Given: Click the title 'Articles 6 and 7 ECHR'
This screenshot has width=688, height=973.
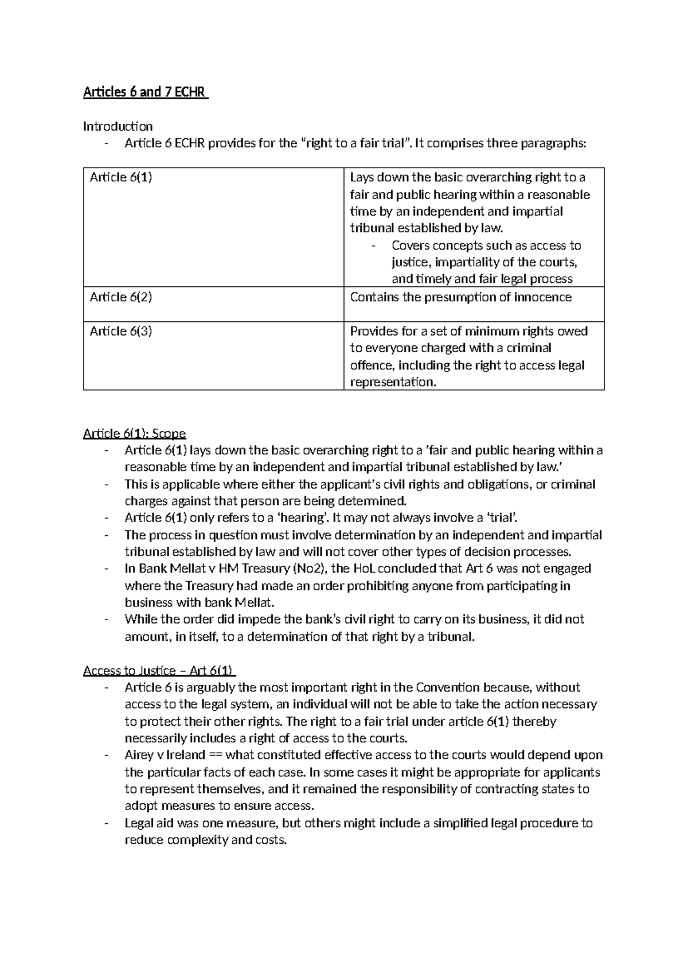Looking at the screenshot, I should pos(146,92).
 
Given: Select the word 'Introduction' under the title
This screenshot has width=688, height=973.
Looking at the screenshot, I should pos(118,126).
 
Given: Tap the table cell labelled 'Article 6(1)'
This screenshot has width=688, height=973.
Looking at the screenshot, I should pos(121,177).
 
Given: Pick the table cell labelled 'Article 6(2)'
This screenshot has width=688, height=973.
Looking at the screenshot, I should pos(121,297).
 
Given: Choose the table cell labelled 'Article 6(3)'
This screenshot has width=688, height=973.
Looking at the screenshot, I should pos(121,331).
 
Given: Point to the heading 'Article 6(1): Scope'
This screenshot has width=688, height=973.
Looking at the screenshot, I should pos(135,433).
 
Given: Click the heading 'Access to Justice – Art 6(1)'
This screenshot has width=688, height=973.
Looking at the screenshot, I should pos(159,671).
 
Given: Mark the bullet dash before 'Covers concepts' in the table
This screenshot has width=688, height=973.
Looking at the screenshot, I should pos(374,246).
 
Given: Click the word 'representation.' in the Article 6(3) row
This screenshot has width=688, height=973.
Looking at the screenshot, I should pos(393,382).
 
